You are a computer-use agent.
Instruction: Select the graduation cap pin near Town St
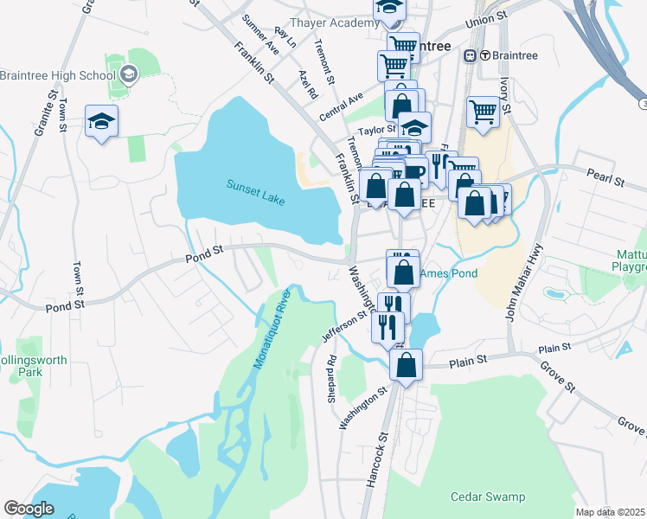(101, 121)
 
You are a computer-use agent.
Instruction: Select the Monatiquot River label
(270, 330)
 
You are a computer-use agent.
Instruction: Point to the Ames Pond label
(448, 274)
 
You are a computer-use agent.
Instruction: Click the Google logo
(29, 509)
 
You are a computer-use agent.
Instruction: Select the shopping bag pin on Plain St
(406, 366)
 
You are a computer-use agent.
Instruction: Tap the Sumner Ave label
(260, 34)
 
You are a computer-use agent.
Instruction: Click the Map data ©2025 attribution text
(610, 512)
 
